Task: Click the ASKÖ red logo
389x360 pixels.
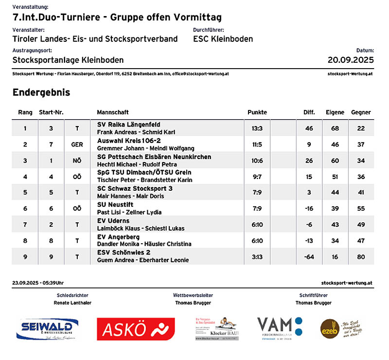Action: (x=136, y=329)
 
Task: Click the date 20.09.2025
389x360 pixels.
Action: (x=351, y=60)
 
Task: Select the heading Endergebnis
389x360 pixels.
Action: (x=41, y=92)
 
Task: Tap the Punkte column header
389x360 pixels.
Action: (x=257, y=112)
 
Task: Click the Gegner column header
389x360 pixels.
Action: (x=360, y=112)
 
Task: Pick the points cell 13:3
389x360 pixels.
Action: (x=257, y=128)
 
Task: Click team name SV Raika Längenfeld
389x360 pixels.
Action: (x=129, y=125)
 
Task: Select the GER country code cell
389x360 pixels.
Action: (x=77, y=144)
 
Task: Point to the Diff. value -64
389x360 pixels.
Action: (x=309, y=256)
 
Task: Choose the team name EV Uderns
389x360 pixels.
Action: (x=113, y=221)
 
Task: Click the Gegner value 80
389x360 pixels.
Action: (x=360, y=256)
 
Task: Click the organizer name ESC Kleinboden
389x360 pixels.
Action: (x=223, y=39)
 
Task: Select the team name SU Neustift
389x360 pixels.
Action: (x=115, y=205)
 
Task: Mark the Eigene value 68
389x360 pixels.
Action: (x=335, y=128)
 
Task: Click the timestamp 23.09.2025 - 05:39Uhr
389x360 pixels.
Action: (x=38, y=283)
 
